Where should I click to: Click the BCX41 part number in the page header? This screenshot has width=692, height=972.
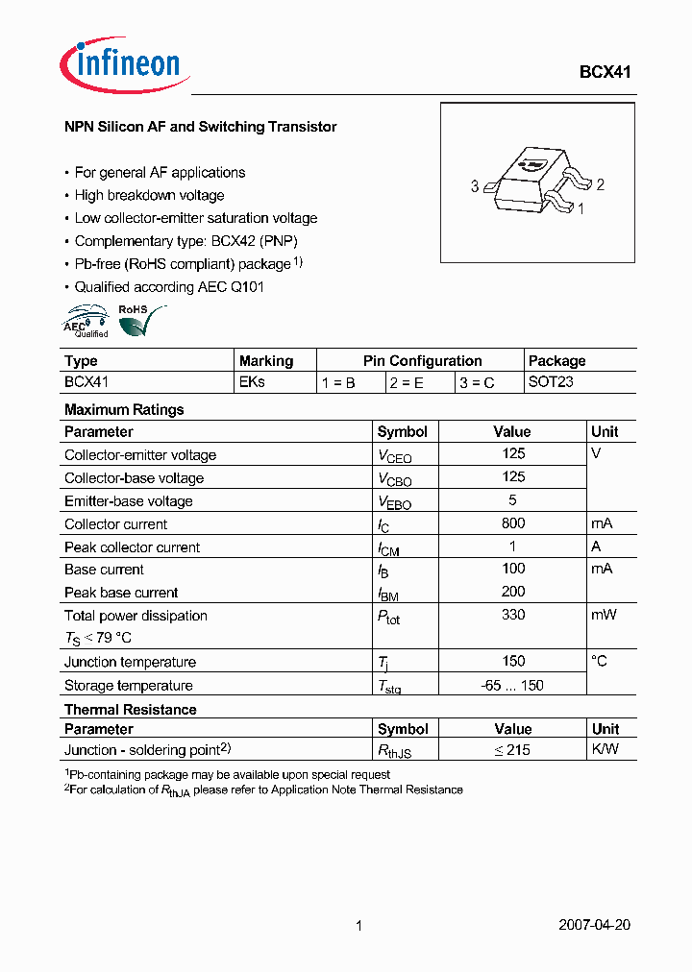pos(605,72)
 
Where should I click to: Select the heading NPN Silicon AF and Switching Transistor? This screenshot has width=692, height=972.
pos(200,127)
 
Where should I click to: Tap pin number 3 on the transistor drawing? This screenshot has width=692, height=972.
pos(475,186)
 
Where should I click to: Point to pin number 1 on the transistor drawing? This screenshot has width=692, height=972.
pos(581,207)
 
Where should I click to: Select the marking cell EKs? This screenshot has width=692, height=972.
pos(252,382)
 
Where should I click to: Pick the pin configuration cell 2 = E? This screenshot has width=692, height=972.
pos(407,382)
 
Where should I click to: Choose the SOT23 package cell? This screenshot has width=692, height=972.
pos(551,382)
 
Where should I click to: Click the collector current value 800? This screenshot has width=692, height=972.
pos(513,523)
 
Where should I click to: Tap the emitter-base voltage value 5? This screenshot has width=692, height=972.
pos(513,500)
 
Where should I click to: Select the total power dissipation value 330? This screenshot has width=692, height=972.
pos(513,615)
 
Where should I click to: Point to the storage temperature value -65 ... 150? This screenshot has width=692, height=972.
pos(513,685)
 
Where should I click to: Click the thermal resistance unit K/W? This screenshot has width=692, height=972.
pos(605,750)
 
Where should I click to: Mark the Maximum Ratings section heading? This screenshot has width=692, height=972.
pos(124,409)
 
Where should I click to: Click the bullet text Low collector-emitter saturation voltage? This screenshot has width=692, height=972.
pos(196,218)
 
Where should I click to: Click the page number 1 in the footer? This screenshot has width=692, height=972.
pos(358,926)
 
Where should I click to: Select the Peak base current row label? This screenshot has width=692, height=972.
pos(121,593)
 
